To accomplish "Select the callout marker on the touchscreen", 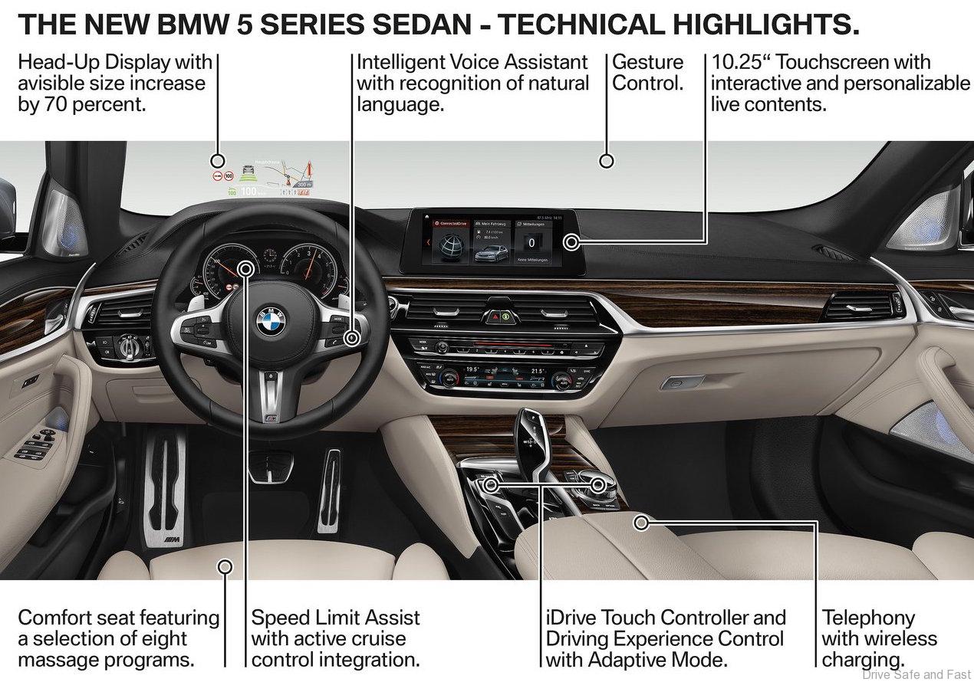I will click(571, 243).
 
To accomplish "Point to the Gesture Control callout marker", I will click(607, 161).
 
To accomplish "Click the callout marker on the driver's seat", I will click(225, 567).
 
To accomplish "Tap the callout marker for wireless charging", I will click(642, 523).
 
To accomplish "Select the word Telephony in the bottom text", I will click(868, 618).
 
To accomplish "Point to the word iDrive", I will click(571, 618).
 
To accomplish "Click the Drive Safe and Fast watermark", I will click(916, 674).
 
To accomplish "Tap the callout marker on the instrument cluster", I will click(246, 268).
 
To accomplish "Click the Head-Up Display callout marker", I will click(218, 161).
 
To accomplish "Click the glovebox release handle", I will click(681, 381).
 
